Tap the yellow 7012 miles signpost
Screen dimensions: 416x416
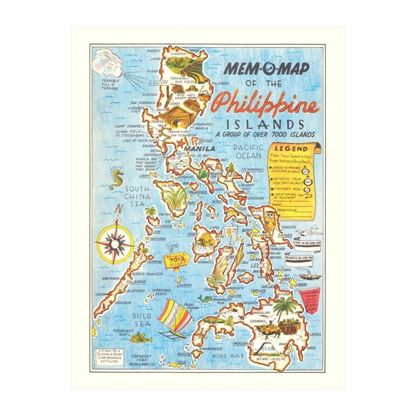click(x=175, y=261)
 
